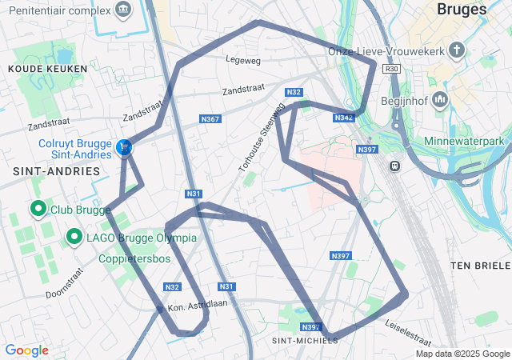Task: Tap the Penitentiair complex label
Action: tap(58, 10)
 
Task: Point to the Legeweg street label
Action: tap(244, 59)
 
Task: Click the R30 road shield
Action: tap(391, 70)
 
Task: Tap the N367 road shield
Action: tap(210, 119)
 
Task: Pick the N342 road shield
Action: tap(343, 118)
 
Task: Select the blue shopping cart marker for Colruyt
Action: tap(124, 147)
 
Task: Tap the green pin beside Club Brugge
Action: tap(37, 209)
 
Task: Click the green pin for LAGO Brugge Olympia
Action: tap(74, 237)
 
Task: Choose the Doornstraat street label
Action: tap(64, 282)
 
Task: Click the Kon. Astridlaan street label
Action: tap(198, 305)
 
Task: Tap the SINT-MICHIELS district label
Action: tap(305, 340)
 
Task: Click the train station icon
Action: tap(394, 166)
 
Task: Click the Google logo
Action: tap(26, 350)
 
